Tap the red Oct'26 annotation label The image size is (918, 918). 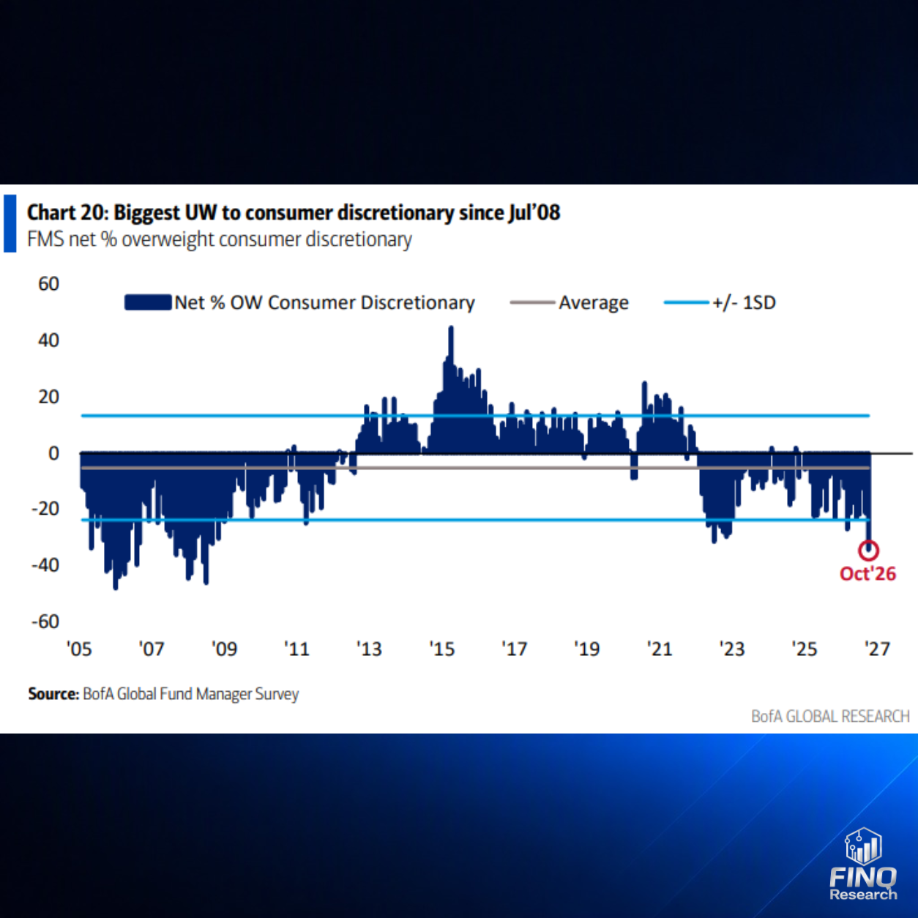click(x=867, y=574)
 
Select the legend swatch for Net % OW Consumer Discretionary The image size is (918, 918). click(x=148, y=302)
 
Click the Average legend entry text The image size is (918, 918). click(x=594, y=302)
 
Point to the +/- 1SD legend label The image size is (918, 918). click(x=744, y=302)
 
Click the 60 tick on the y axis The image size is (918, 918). click(x=48, y=284)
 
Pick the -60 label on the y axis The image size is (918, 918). click(x=45, y=622)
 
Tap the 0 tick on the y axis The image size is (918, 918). click(x=54, y=453)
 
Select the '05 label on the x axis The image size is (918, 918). click(x=79, y=649)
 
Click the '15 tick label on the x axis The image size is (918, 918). click(x=442, y=649)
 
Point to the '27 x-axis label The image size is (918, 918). click(x=877, y=649)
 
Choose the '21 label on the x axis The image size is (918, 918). click(x=660, y=649)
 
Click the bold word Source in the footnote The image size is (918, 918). click(x=53, y=693)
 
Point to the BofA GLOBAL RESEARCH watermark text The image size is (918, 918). click(x=830, y=716)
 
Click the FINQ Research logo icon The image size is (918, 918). click(x=863, y=846)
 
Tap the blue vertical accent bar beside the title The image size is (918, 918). click(x=10, y=223)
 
